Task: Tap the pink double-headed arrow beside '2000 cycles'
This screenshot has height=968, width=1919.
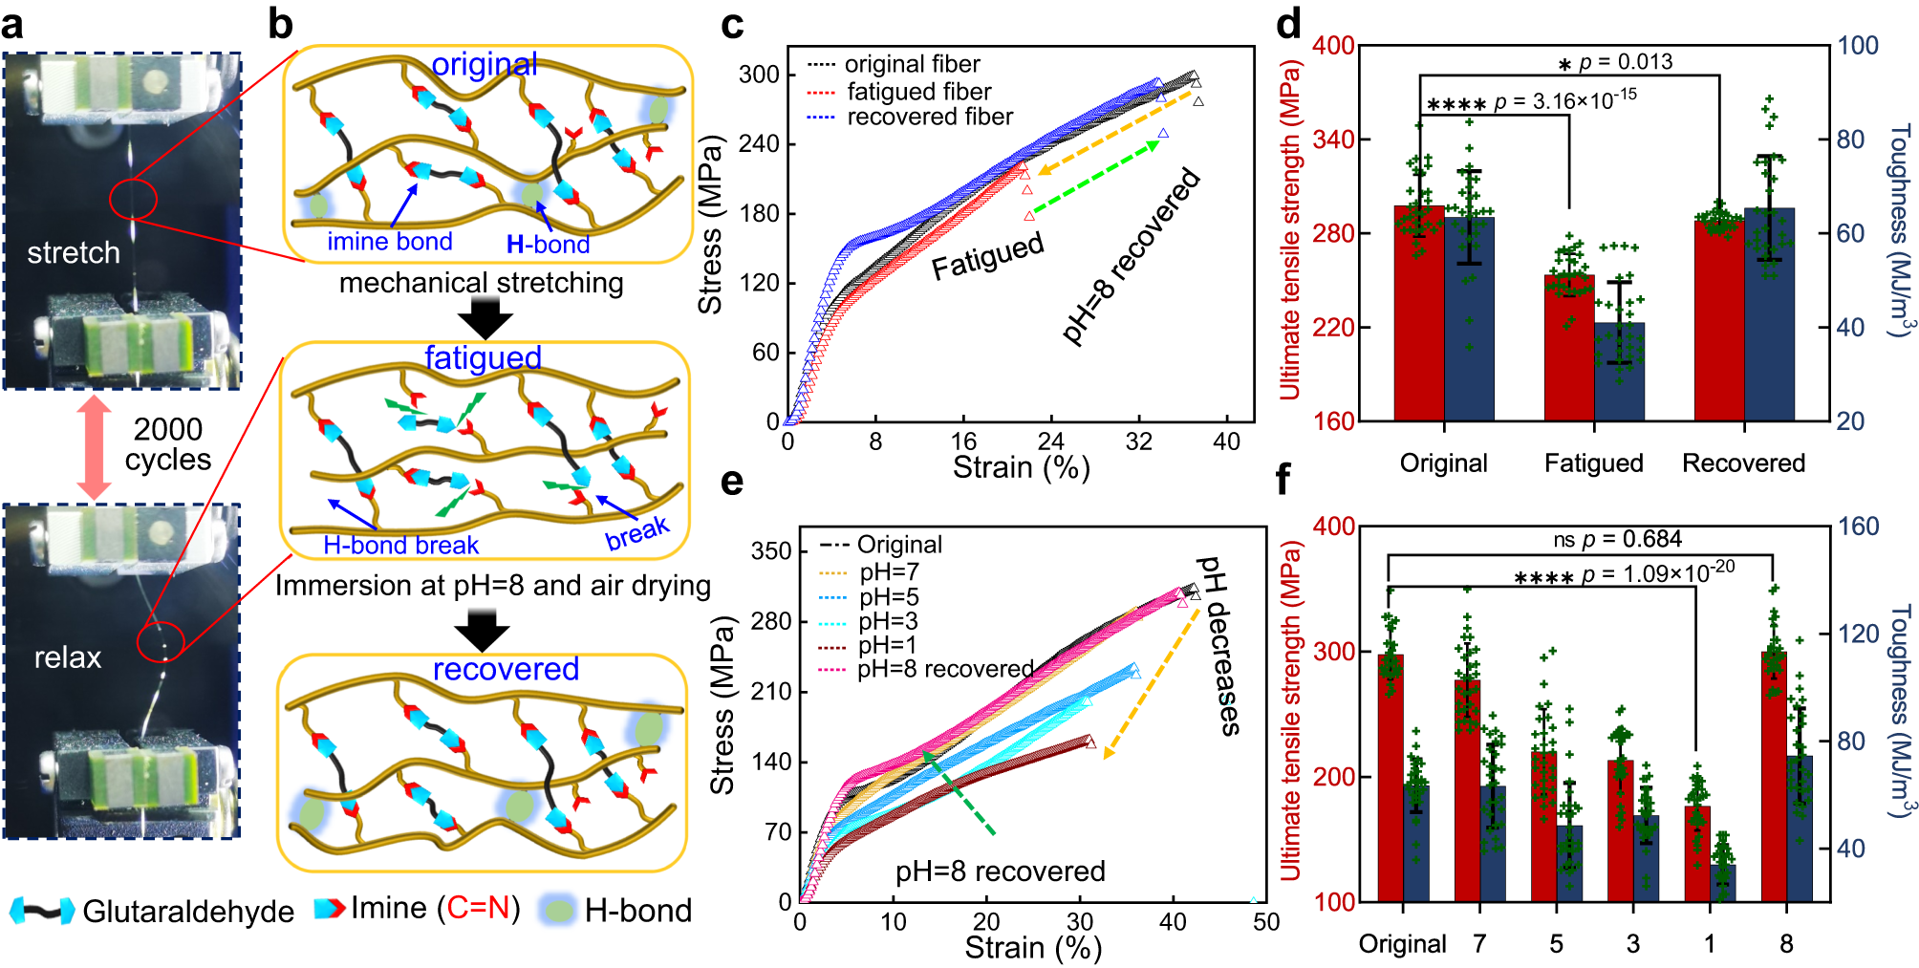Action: (x=94, y=446)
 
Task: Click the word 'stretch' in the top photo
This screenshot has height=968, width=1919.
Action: (x=74, y=253)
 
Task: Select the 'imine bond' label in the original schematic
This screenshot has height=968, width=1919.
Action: (x=390, y=242)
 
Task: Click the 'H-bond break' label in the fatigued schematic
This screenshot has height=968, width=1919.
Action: (x=400, y=546)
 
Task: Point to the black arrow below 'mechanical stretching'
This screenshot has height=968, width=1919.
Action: (x=485, y=317)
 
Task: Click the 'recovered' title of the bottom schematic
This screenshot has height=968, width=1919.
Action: (x=506, y=669)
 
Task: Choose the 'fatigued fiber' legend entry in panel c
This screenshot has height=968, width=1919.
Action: (x=918, y=92)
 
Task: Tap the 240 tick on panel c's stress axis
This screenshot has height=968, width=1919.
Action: (x=760, y=144)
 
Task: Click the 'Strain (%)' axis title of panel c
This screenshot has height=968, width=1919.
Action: (x=1021, y=467)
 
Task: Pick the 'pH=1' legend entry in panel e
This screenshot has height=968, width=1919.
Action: (x=888, y=645)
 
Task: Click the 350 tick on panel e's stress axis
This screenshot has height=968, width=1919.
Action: (x=771, y=551)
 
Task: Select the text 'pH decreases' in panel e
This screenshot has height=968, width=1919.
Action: (x=1219, y=645)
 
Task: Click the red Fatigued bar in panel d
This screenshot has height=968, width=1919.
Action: (x=1569, y=348)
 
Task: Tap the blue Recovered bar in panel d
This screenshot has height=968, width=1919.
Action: (x=1769, y=315)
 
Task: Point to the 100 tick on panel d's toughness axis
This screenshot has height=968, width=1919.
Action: (x=1858, y=46)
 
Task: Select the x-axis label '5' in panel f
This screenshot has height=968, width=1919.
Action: (x=1557, y=944)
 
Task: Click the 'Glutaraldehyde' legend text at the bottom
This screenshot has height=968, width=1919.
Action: (x=188, y=912)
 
